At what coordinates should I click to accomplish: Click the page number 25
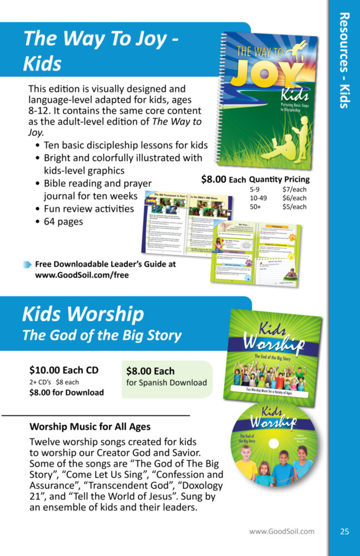point(345,532)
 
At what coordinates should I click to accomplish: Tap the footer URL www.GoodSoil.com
point(282,532)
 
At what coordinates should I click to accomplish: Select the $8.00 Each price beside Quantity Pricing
point(223,180)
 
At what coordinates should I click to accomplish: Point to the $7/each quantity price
point(294,190)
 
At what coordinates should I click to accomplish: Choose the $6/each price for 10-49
point(294,198)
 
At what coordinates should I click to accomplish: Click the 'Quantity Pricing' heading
point(279,180)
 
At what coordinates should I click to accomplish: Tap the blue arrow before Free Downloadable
point(27,264)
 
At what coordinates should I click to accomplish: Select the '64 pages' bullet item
point(63,221)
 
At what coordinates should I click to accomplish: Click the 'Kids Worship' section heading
point(83,315)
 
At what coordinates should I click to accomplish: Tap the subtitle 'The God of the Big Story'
point(101,335)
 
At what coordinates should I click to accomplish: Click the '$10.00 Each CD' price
point(64,370)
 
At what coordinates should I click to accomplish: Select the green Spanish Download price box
point(167,376)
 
